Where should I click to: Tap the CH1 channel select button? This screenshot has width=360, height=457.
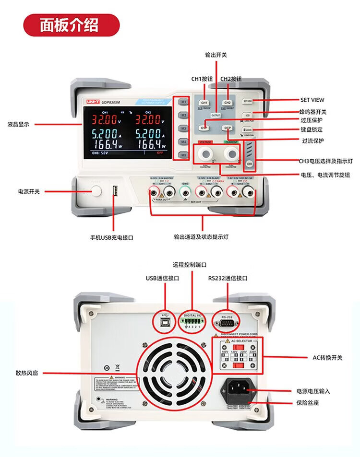click(204, 103)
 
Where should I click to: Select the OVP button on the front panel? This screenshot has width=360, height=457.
click(204, 128)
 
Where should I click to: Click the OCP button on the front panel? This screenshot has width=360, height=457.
click(227, 128)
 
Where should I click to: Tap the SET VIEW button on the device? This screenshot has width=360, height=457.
click(248, 101)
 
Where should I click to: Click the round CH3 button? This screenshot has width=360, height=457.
click(250, 164)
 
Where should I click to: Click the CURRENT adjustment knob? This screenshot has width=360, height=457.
click(231, 153)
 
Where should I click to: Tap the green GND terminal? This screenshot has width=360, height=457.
click(185, 193)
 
